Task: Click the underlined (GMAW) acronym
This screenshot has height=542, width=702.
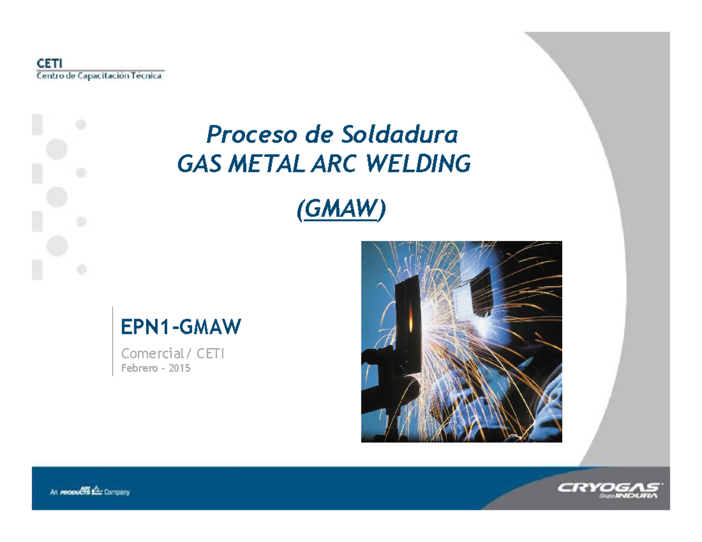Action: coord(340,210)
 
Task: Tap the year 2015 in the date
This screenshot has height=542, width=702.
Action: coord(180,369)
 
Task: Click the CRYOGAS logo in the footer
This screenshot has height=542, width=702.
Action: coord(610,488)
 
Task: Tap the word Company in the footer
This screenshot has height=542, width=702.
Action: coord(117,492)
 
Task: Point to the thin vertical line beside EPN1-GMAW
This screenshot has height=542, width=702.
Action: coord(112,340)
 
